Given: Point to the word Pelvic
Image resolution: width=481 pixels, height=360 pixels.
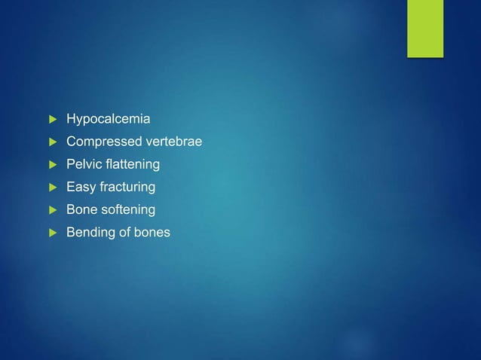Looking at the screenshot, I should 84,164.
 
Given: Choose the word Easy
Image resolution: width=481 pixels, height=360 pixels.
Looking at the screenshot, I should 80,187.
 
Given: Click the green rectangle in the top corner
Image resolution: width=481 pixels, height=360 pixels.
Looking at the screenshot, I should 425,28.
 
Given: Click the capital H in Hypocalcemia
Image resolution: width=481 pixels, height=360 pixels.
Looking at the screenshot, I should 71,119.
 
